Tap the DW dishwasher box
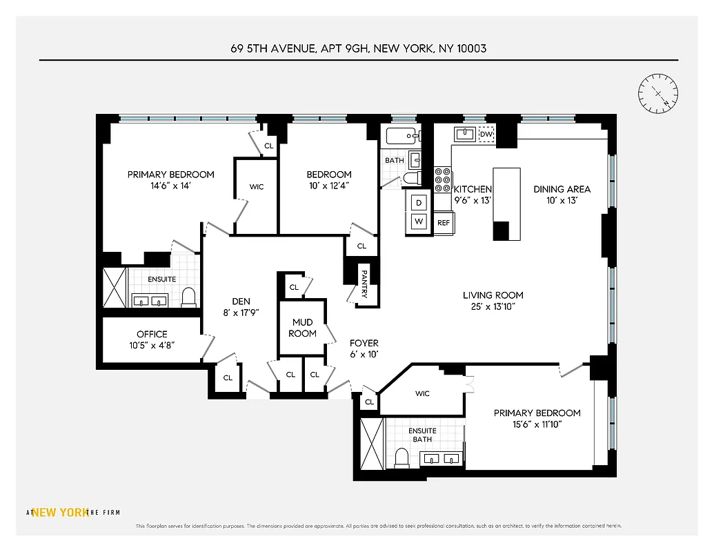pyautogui.click(x=487, y=134)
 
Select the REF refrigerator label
pyautogui.click(x=444, y=223)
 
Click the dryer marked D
pyautogui.click(x=419, y=203)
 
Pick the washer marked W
pyautogui.click(x=419, y=221)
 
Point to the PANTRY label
pyautogui.click(x=364, y=283)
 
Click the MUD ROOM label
pyautogui.click(x=303, y=328)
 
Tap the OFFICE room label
pyautogui.click(x=152, y=334)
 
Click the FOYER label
pyautogui.click(x=364, y=343)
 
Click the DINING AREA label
pyautogui.click(x=562, y=189)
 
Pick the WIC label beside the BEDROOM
pyautogui.click(x=256, y=187)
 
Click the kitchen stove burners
pyautogui.click(x=442, y=179)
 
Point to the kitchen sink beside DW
pyautogui.click(x=464, y=133)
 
